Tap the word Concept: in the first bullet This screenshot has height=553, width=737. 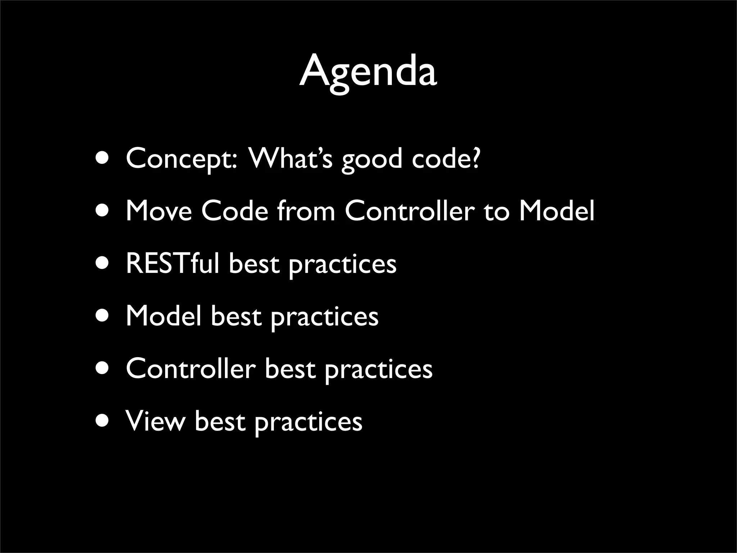[182, 159]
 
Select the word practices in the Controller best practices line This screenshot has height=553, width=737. [378, 370]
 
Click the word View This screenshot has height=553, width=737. [155, 421]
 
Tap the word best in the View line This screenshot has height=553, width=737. [220, 421]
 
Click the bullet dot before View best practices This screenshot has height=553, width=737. [103, 421]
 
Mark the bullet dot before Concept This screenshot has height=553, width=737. [103, 159]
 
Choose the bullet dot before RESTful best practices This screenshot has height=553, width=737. [103, 264]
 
